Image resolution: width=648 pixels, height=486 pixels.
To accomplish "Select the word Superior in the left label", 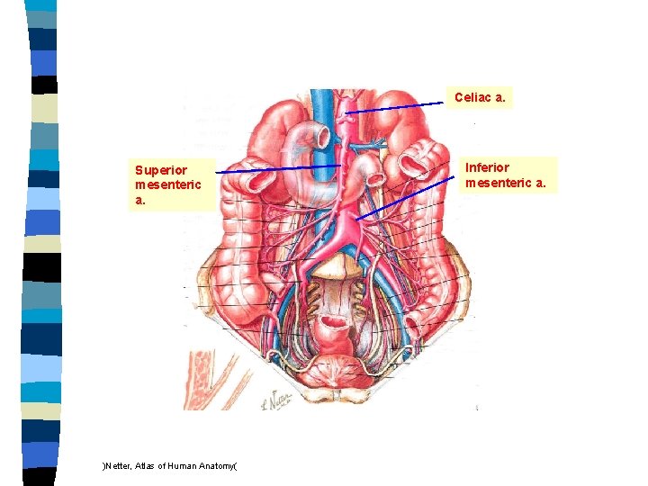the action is [161, 169].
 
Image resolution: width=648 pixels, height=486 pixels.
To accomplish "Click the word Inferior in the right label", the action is [487, 167].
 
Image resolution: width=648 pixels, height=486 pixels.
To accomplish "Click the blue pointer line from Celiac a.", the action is [396, 107].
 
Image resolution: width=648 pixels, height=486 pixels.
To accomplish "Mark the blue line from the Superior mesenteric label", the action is [279, 168].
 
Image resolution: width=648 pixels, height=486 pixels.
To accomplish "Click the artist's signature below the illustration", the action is [273, 402].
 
